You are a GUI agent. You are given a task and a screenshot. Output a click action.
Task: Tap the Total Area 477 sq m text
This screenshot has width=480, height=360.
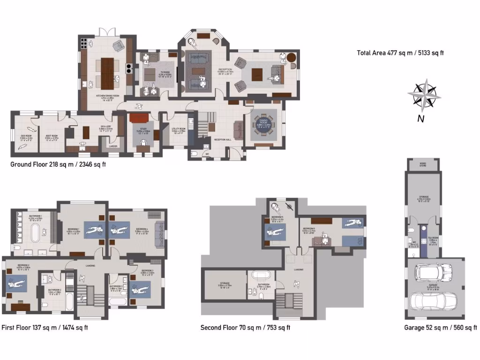click(400, 53)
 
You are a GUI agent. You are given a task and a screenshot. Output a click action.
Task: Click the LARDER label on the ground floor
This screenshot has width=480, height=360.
click(113, 146)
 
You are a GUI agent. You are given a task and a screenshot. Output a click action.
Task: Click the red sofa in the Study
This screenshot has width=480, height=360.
click(139, 117)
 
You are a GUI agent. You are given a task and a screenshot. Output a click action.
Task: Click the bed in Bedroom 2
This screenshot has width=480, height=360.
click(16, 284)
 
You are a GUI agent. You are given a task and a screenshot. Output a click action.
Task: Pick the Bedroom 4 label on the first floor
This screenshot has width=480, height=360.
click(142, 229)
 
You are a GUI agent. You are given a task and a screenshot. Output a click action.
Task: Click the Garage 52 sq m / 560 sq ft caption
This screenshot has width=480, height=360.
click(440, 328)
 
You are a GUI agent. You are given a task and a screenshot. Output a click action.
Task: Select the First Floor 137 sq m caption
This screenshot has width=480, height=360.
click(45, 328)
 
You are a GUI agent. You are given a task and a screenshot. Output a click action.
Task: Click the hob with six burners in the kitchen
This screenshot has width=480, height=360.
click(84, 43)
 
